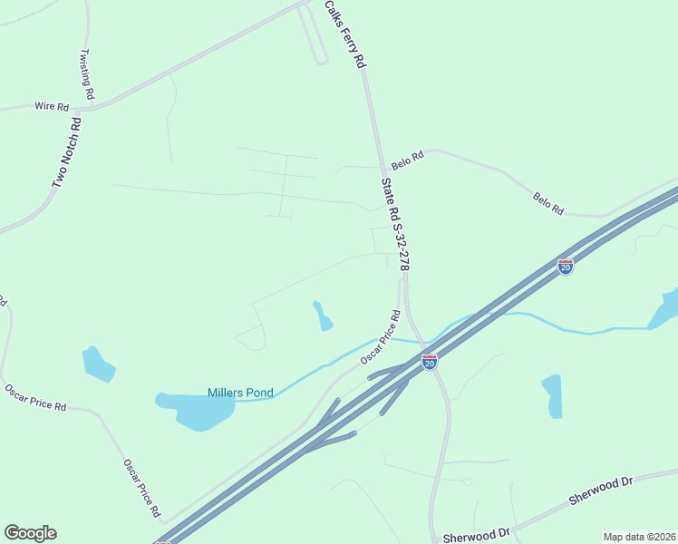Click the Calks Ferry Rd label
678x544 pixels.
point(344,34)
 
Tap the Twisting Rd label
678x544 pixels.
point(88,73)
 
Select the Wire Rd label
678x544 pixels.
point(52,107)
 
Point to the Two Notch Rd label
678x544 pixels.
point(67,152)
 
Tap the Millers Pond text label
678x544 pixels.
point(240,393)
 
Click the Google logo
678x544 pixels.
point(30,533)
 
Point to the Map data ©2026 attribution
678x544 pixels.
point(639,537)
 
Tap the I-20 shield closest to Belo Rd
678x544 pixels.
point(566,267)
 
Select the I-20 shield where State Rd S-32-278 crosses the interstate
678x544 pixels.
point(430,362)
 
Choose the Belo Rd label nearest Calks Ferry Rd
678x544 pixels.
point(407,161)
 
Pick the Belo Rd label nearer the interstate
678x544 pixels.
point(548,203)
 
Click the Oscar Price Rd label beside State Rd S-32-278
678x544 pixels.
point(381,338)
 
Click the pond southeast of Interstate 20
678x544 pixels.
point(552,395)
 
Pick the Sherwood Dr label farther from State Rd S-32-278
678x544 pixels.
point(600,491)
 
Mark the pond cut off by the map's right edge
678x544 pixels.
point(666,310)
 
